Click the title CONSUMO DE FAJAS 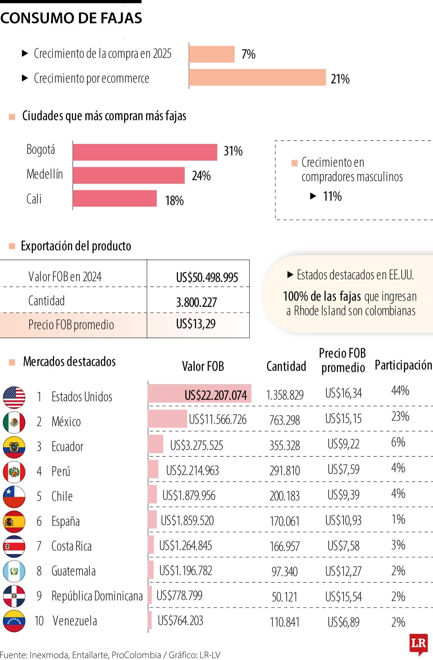click(71, 18)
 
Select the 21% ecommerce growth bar click(257, 77)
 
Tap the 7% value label click(248, 54)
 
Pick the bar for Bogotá click(145, 152)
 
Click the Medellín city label click(45, 174)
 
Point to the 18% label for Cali click(174, 200)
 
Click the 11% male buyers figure click(332, 196)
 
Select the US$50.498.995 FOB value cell click(207, 277)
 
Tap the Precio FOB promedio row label click(71, 325)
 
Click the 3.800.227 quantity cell click(196, 302)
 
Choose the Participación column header click(403, 365)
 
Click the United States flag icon click(14, 397)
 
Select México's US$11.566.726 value click(217, 419)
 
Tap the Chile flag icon click(14, 497)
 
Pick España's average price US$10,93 click(343, 520)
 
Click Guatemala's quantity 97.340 click(284, 571)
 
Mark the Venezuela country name click(75, 621)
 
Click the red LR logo click(418, 643)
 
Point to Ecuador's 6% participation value click(398, 442)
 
